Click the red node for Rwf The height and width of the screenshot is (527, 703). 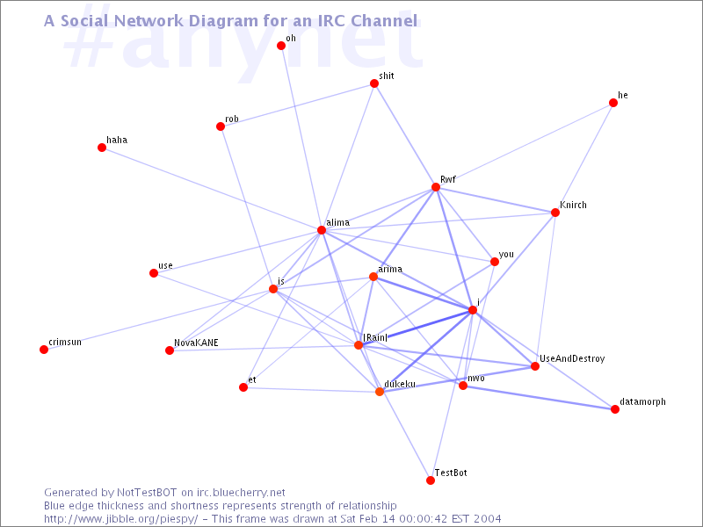point(434,187)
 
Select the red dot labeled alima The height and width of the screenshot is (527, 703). point(322,231)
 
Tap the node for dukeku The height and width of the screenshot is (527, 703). point(380,392)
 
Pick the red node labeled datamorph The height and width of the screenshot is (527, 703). point(615,409)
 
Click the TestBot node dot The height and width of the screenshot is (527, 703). point(430,480)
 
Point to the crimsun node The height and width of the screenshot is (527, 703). point(44,350)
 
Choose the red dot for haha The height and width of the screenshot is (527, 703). point(102,148)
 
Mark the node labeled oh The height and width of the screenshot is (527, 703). point(281,46)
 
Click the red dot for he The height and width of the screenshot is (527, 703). point(613,103)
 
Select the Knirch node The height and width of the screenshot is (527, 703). point(555,213)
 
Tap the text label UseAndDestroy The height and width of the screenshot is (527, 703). point(572,359)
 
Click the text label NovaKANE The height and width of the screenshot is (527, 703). point(197,343)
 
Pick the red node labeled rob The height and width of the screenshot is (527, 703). point(221,126)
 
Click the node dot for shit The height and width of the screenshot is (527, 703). point(374,83)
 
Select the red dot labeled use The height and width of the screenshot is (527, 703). point(154,273)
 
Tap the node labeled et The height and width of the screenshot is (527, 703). point(243,386)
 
